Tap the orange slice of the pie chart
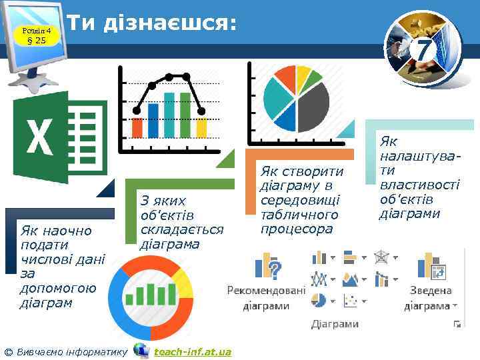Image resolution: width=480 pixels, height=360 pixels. click(x=286, y=76)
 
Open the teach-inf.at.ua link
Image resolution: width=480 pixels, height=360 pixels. click(x=193, y=351)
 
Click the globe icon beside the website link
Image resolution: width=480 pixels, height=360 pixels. click(x=141, y=351)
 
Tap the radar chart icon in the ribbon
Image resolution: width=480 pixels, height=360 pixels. click(x=382, y=257)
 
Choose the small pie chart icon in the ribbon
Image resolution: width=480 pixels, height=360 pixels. click(x=319, y=300)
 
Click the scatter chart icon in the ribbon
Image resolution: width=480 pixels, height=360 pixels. click(x=349, y=301)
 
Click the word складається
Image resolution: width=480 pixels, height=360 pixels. click(x=181, y=229)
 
